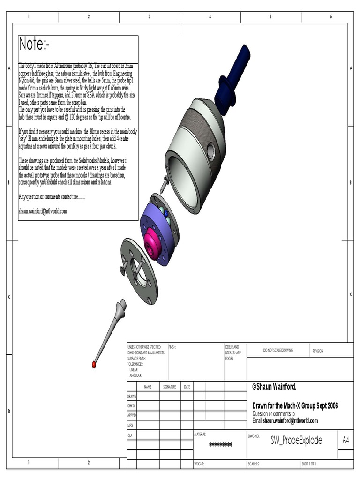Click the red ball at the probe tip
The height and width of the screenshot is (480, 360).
point(94,363)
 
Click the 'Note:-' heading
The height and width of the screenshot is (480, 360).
point(34,45)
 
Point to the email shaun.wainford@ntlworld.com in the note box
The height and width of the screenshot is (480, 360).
point(43,211)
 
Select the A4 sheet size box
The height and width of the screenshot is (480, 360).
point(346,440)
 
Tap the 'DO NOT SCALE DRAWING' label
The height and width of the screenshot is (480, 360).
point(277,350)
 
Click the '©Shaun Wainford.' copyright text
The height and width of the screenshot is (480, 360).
point(274,386)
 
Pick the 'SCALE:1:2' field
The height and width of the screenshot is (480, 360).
point(256,464)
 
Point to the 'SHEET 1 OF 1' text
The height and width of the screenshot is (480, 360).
point(309,464)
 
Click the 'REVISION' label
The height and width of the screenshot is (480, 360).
point(318,351)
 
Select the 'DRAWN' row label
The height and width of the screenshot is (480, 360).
point(132,396)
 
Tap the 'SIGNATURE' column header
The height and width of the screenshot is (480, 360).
point(169,387)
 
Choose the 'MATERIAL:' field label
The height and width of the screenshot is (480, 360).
point(200,435)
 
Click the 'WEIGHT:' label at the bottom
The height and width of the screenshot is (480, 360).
point(200,464)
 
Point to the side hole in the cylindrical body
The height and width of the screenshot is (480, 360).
point(210,151)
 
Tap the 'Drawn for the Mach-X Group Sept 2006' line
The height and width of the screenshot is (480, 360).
point(295,406)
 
